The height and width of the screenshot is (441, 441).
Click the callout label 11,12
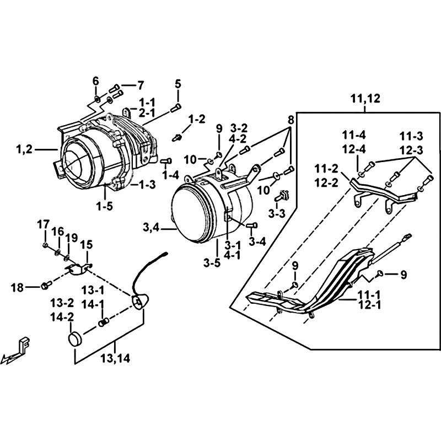click(365, 100)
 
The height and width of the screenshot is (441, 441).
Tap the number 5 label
click(178, 84)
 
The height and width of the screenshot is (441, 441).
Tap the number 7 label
click(140, 85)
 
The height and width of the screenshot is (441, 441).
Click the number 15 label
click(87, 244)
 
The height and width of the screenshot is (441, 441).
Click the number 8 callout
click(291, 119)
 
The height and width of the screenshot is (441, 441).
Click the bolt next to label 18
click(46, 286)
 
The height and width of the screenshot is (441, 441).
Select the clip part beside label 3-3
click(284, 195)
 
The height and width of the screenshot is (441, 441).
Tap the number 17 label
click(44, 225)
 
